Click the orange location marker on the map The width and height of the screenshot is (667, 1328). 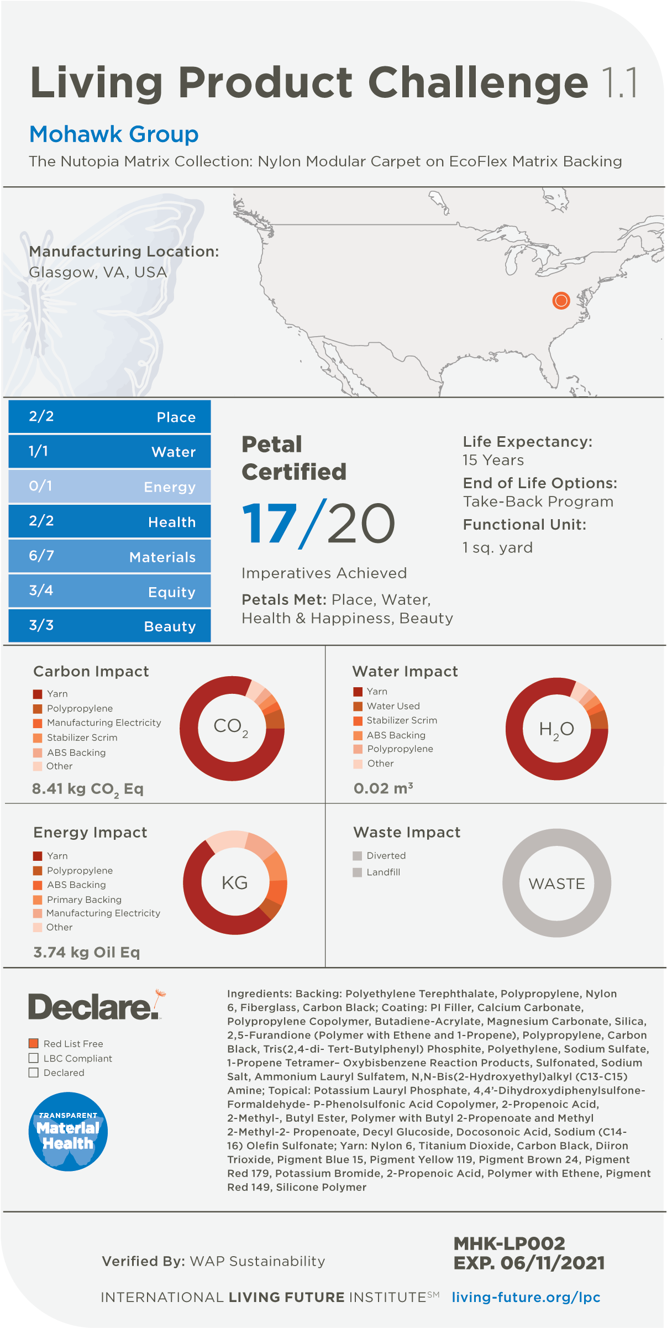(x=561, y=300)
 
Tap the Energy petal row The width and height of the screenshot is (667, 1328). (x=109, y=487)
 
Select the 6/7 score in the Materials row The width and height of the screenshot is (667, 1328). (x=41, y=556)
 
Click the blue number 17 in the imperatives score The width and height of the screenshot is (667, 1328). (x=269, y=524)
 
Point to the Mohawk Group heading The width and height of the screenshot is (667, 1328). (x=114, y=134)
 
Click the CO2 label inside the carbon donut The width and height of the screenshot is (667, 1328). (x=231, y=727)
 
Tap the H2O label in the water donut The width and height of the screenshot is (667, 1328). (x=556, y=730)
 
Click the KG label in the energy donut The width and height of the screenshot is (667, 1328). (x=234, y=883)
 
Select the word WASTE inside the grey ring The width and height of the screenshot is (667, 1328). (x=556, y=883)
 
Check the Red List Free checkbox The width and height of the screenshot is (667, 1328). (x=34, y=1043)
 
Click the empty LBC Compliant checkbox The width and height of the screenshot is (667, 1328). (x=34, y=1058)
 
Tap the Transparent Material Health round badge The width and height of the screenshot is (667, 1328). (x=68, y=1131)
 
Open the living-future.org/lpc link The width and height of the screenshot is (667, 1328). (x=526, y=1298)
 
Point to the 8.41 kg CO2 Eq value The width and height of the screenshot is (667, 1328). (x=88, y=789)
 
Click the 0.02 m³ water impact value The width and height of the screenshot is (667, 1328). (x=383, y=788)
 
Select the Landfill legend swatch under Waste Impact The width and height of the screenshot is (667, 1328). (x=358, y=872)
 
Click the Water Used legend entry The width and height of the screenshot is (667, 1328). (x=393, y=706)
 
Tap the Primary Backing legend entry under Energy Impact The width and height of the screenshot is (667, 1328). (x=84, y=900)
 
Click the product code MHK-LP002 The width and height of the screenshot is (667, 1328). (x=509, y=1244)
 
